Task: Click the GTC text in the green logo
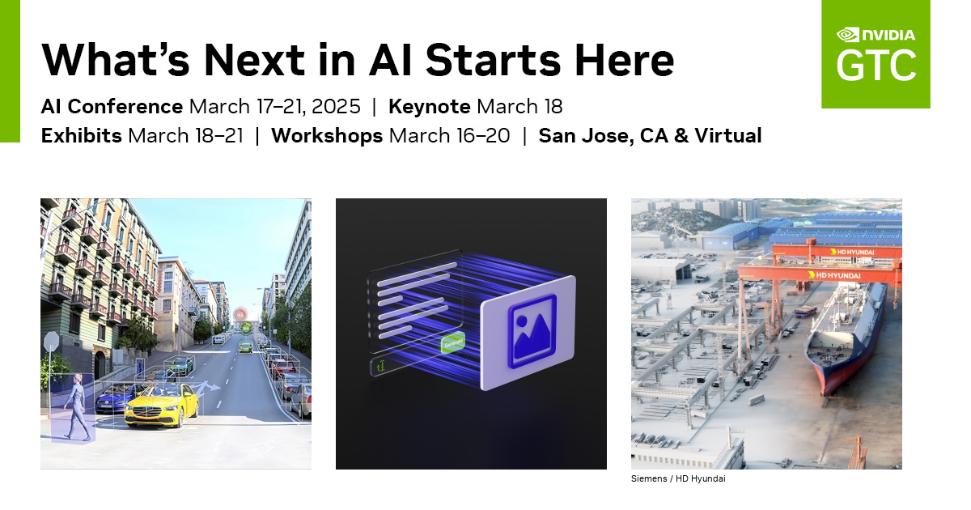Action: [x=876, y=66]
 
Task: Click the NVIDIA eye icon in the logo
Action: [x=847, y=35]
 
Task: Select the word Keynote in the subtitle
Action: [x=429, y=106]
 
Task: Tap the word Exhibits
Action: [x=81, y=135]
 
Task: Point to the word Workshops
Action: [x=327, y=135]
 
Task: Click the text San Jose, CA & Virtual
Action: [x=650, y=135]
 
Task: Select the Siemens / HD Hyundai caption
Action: [x=678, y=478]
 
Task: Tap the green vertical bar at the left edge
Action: [x=9, y=71]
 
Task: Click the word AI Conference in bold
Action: [x=112, y=106]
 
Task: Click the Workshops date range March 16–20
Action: [x=449, y=135]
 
